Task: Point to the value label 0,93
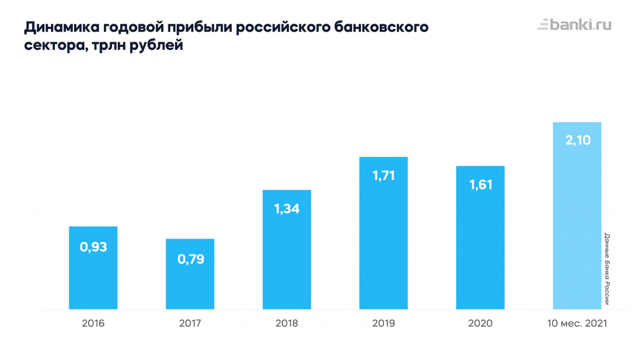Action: point(93,247)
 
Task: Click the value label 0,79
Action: point(191,259)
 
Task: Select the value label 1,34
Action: point(287,209)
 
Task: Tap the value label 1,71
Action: point(384,176)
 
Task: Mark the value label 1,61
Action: point(480,185)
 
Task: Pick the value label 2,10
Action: point(578,141)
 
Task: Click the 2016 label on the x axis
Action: point(93,323)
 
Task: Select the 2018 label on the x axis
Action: point(287,323)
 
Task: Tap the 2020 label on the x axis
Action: point(480,323)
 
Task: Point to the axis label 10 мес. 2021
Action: point(577,323)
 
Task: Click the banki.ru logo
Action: point(574,25)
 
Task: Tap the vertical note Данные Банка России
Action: point(606,269)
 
